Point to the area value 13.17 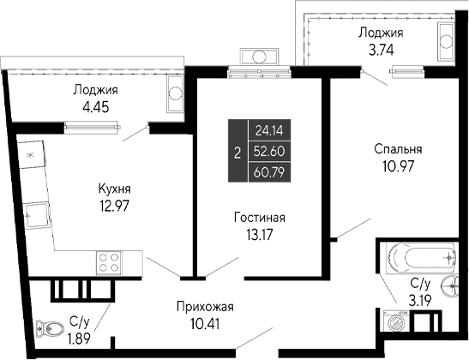pos(259,233)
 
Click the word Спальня pos(398,148)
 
